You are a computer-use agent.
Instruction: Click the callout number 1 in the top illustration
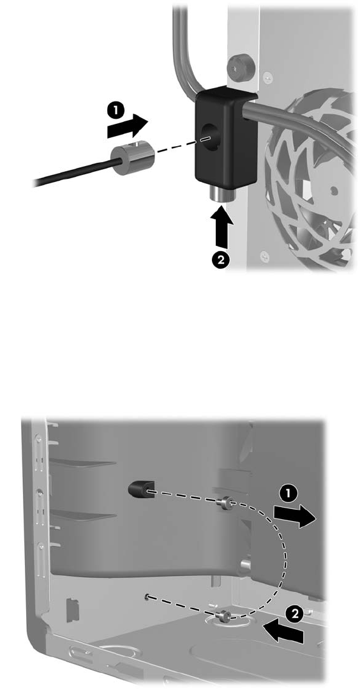click(116, 110)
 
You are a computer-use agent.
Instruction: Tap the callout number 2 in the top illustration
click(221, 259)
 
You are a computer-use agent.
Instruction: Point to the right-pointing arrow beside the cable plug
click(127, 126)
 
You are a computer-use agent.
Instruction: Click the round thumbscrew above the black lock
click(237, 67)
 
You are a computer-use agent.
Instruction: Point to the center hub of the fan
click(334, 190)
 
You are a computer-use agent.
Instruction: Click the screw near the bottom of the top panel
click(264, 254)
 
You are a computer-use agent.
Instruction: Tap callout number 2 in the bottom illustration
click(296, 614)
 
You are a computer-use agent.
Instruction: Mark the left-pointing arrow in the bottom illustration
click(284, 631)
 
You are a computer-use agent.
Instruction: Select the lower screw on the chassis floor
click(227, 616)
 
